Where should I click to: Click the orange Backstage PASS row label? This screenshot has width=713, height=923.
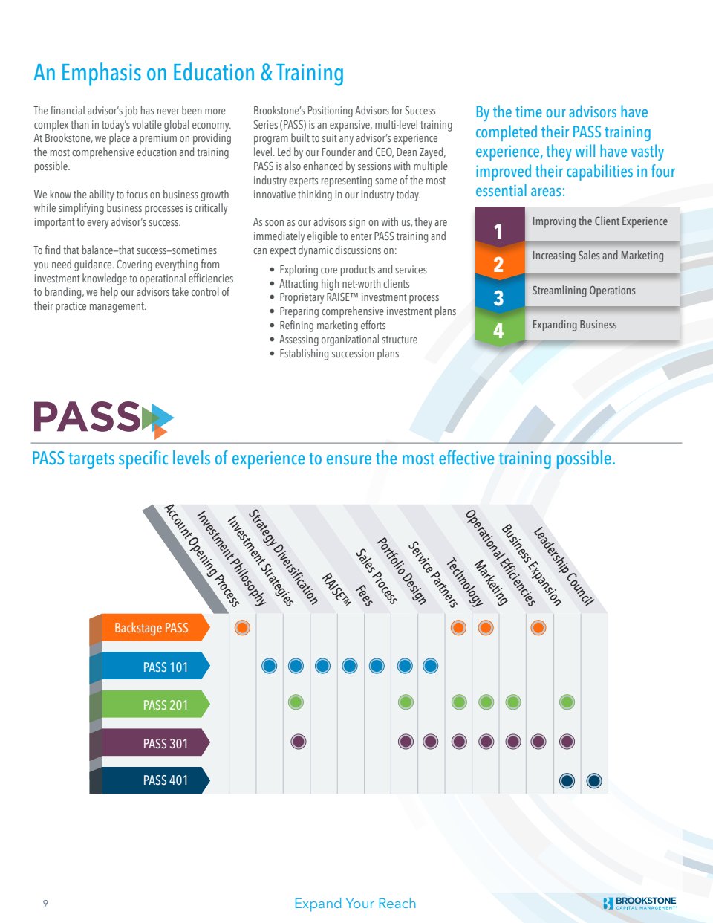tap(152, 628)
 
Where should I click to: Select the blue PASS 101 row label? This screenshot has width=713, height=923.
tap(156, 667)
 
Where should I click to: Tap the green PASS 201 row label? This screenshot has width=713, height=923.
tap(156, 705)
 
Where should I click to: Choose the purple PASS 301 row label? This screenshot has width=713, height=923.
tap(156, 743)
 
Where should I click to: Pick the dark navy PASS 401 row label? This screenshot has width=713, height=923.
tap(156, 780)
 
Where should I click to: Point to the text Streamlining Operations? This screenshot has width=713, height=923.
tap(584, 291)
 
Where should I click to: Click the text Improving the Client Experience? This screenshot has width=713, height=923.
tap(599, 221)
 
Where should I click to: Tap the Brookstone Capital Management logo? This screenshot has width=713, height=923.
tap(640, 903)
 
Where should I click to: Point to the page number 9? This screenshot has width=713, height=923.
tap(45, 904)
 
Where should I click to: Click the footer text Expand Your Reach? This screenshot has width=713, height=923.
tap(355, 904)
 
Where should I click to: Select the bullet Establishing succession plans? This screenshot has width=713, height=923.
tap(339, 354)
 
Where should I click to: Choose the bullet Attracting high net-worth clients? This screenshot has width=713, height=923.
tap(344, 284)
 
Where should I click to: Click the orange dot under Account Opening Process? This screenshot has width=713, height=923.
tap(242, 628)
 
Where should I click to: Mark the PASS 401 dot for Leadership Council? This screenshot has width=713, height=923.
tap(593, 780)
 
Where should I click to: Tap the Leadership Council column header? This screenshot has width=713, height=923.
tap(564, 566)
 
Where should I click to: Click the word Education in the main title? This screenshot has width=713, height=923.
tap(214, 73)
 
